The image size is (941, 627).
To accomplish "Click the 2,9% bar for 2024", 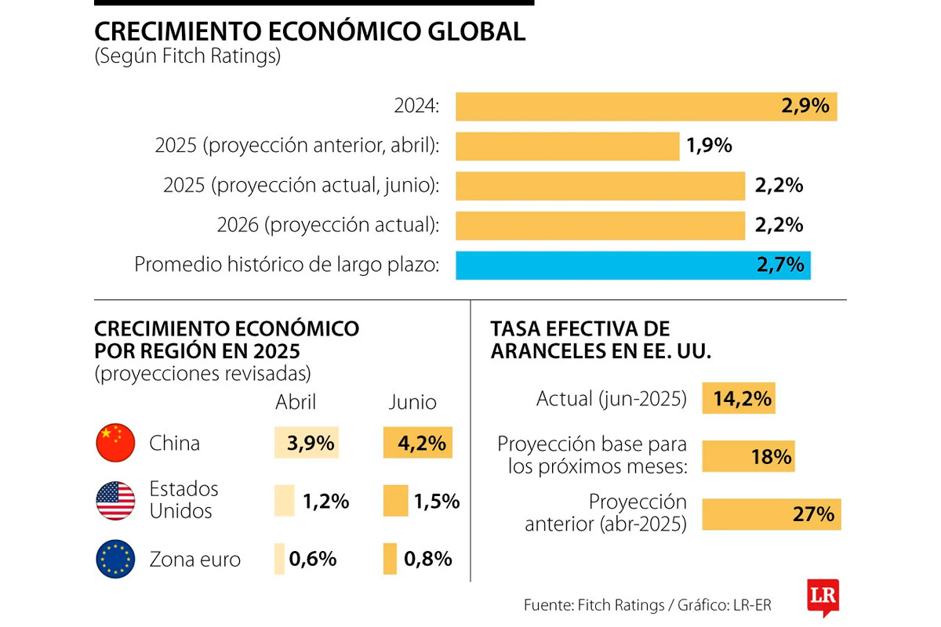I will pyautogui.click(x=646, y=107).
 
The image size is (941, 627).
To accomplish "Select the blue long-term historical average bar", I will pyautogui.click(x=633, y=265).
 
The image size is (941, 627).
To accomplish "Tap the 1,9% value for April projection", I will pyautogui.click(x=710, y=146).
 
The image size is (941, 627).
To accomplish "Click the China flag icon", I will pyautogui.click(x=115, y=443).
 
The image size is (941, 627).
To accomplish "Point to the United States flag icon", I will pyautogui.click(x=115, y=501).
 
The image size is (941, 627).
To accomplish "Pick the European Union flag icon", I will pyautogui.click(x=115, y=560).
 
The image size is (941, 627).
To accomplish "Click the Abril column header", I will pyautogui.click(x=296, y=402).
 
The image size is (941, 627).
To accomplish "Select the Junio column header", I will pyautogui.click(x=412, y=402).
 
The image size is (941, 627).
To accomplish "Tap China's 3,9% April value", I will pyautogui.click(x=307, y=443).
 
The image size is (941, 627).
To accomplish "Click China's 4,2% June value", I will pyautogui.click(x=417, y=443).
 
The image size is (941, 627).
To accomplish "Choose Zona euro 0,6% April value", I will pyautogui.click(x=312, y=559).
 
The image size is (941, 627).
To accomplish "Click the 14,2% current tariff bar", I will pyautogui.click(x=738, y=399).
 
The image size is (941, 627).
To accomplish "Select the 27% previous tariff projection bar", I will pyautogui.click(x=771, y=514).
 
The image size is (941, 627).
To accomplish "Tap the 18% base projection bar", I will pyautogui.click(x=748, y=457).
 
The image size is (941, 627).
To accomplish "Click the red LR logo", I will pyautogui.click(x=823, y=597).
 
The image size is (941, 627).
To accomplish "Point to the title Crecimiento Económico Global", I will pyautogui.click(x=310, y=31).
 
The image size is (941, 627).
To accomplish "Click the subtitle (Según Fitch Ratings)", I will pyautogui.click(x=187, y=57).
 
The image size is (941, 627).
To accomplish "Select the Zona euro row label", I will pyautogui.click(x=195, y=560).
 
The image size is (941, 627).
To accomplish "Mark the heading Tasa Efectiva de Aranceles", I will pyautogui.click(x=601, y=339).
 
